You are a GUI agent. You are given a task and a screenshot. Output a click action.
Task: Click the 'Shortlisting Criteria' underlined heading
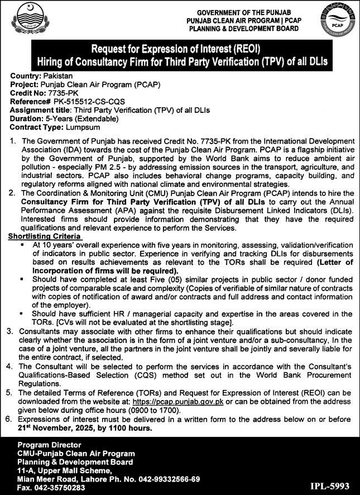[x=45, y=236]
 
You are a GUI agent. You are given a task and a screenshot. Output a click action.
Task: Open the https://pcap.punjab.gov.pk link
[x=174, y=416]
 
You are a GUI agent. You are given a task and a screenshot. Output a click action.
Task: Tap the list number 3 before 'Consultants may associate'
[x=11, y=331]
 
